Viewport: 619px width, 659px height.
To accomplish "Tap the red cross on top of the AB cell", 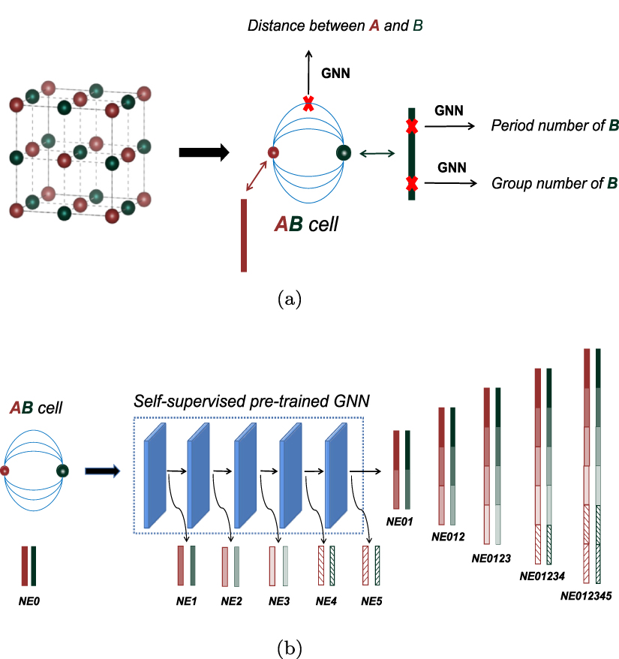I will coord(308,104).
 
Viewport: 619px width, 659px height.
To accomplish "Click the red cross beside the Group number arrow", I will coord(411,182).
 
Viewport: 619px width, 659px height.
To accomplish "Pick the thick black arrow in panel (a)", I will coord(203,152).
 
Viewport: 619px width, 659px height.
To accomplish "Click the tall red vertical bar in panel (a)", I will coord(244,235).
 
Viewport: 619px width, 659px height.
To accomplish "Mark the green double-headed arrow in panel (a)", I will coord(377,154).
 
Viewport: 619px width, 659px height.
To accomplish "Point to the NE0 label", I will coord(29,601).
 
